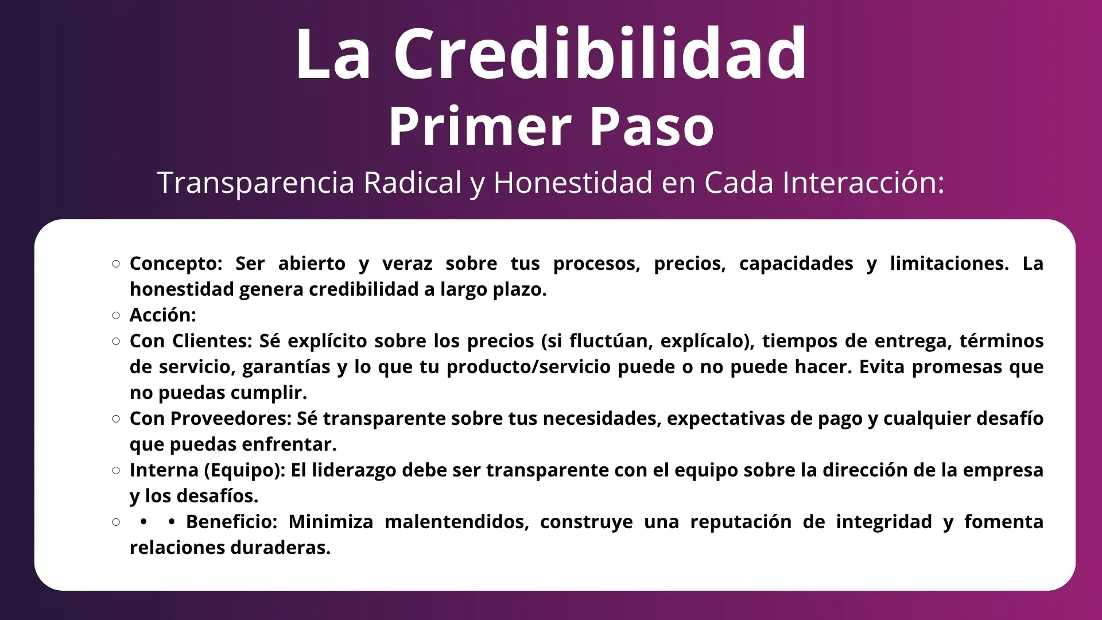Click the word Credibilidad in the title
coord(600,53)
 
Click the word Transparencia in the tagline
coord(256,183)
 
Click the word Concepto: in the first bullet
coord(176,263)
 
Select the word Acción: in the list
coord(163,315)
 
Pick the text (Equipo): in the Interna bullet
coord(245,470)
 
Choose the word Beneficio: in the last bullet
coord(232,521)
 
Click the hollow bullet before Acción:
coord(117,315)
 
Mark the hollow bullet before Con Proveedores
coord(117,418)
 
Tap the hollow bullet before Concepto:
coord(117,263)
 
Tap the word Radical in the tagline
coord(413,182)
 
